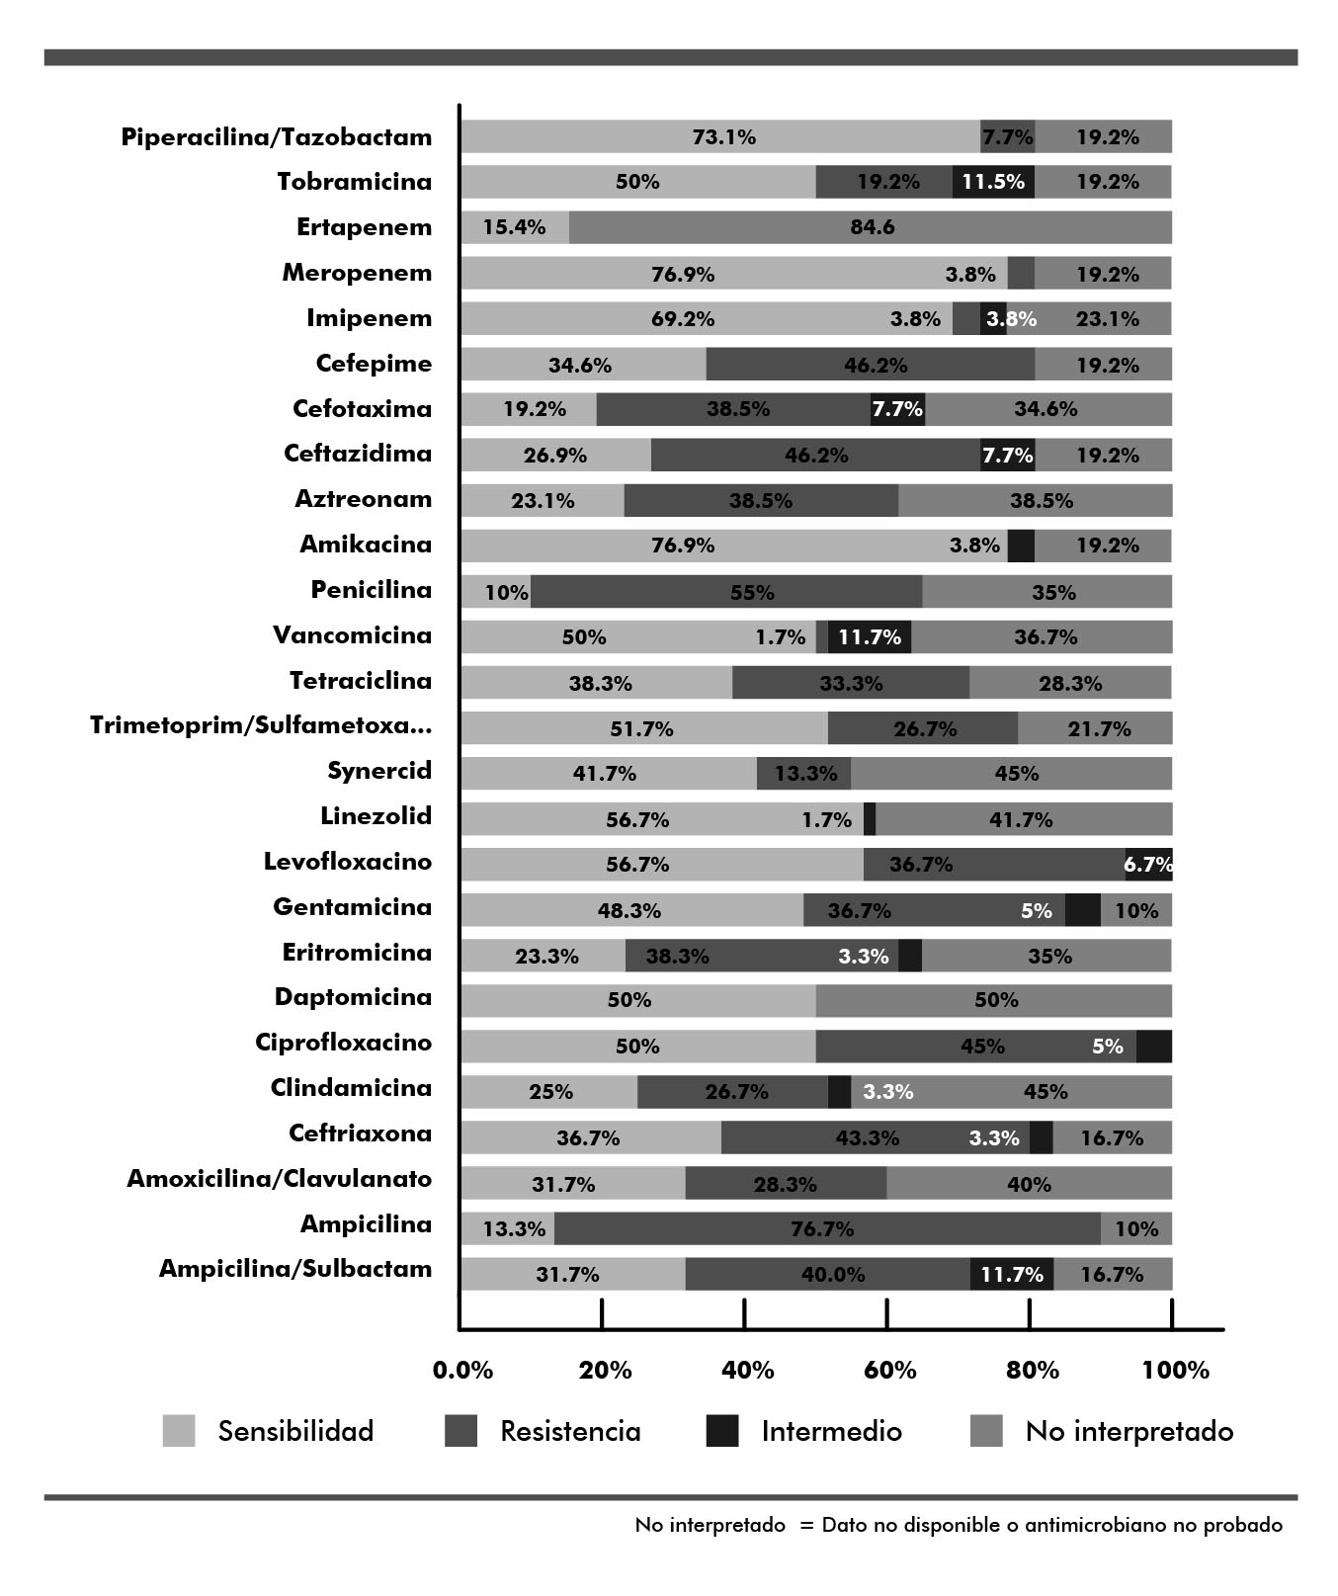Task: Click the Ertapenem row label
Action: [x=364, y=227]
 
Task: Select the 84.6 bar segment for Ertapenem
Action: [x=871, y=227]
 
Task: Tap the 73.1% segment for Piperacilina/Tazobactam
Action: [x=720, y=136]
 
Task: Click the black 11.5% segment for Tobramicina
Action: [x=993, y=182]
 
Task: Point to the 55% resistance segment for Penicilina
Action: [x=726, y=591]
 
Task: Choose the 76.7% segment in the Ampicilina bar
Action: [x=827, y=1228]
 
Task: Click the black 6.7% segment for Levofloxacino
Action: [x=1148, y=864]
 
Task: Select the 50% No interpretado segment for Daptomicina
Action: [x=994, y=1000]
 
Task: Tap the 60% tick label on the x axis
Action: [x=890, y=1371]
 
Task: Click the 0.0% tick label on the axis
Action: [x=462, y=1371]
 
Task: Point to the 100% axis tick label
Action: [x=1175, y=1371]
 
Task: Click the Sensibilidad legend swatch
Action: [x=179, y=1431]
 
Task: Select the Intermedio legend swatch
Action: [x=722, y=1431]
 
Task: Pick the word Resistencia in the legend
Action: [x=570, y=1431]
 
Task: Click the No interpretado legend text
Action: [x=1129, y=1431]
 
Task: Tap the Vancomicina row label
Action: [x=353, y=634]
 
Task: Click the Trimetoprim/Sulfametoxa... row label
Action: [x=261, y=725]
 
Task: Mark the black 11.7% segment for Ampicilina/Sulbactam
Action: [x=1011, y=1274]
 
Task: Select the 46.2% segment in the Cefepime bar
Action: [x=871, y=364]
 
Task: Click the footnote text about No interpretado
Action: [x=959, y=1525]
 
